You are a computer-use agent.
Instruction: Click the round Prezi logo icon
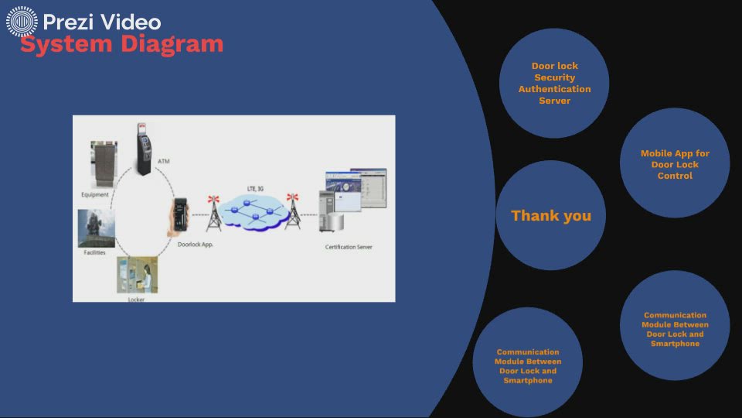(x=22, y=22)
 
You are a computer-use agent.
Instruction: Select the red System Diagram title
(x=121, y=43)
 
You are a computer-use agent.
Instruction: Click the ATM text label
(x=163, y=162)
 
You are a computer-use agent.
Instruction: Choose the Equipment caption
(x=95, y=194)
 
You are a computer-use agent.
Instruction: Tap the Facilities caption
(x=94, y=252)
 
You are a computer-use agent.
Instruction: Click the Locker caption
(x=136, y=298)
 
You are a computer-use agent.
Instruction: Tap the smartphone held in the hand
(x=179, y=217)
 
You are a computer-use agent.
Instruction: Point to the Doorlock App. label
(x=195, y=245)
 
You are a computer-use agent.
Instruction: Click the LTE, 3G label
(x=255, y=189)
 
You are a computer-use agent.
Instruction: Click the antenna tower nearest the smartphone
(x=213, y=213)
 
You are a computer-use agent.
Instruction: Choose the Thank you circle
(x=550, y=216)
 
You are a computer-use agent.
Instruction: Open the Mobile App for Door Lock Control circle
(x=675, y=163)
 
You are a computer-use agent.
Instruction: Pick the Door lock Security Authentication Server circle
(x=554, y=84)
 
